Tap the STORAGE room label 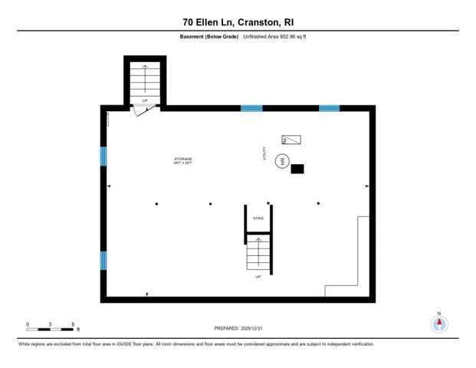(182, 159)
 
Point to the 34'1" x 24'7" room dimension (182, 163)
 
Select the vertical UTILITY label (265, 153)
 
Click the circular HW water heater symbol (283, 162)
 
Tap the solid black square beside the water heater (297, 169)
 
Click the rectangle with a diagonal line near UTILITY (291, 140)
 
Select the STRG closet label (258, 219)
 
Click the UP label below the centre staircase (258, 276)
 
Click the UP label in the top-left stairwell (145, 100)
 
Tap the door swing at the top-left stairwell (143, 110)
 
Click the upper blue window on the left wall (103, 156)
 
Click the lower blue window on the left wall (103, 261)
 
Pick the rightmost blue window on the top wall (330, 108)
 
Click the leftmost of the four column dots (156, 203)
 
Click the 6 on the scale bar (72, 324)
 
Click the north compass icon (439, 323)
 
